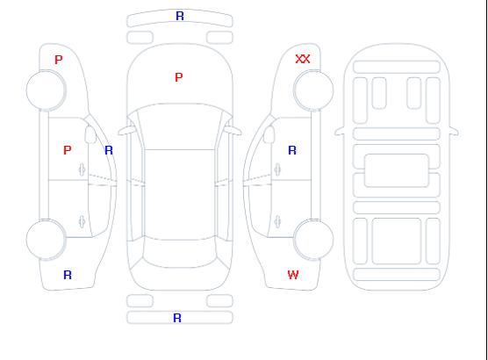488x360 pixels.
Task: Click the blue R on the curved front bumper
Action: pos(180,16)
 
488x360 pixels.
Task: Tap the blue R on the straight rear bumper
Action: pos(177,318)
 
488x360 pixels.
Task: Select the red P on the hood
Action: pos(179,77)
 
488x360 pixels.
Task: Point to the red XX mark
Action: pos(303,59)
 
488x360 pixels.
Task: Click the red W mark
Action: pos(293,275)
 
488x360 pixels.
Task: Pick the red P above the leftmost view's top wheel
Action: pos(59,60)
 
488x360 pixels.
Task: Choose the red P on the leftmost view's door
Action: pos(68,150)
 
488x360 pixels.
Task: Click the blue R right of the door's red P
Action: pos(109,150)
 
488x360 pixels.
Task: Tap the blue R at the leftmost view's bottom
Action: pos(68,275)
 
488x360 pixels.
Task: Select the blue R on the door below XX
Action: pos(292,150)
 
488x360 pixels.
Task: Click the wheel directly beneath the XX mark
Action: pos(313,90)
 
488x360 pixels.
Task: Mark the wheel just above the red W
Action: pos(313,239)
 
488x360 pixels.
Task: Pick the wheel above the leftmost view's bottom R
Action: pos(46,239)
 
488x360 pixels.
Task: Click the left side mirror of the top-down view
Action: pos(126,131)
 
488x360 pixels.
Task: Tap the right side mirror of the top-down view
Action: pos(233,131)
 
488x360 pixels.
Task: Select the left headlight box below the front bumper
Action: pos(140,38)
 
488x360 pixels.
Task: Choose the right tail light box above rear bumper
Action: pos(219,301)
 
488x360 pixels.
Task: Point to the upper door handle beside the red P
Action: pos(83,169)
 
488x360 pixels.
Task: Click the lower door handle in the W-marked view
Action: pos(277,221)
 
